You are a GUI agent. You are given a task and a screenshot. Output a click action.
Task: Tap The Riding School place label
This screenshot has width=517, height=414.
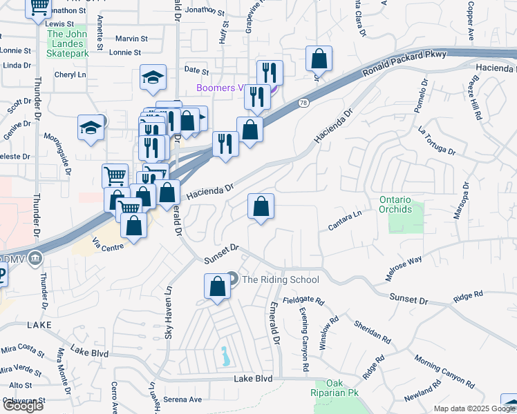point(280,279)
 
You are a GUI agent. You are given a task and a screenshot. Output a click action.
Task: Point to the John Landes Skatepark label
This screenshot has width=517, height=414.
point(68,43)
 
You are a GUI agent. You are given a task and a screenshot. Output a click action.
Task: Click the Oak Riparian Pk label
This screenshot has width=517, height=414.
point(335,388)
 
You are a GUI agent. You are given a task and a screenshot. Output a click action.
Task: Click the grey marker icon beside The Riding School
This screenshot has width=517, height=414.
point(232,279)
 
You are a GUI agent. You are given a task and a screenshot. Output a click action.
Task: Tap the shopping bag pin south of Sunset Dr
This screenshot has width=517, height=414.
point(217,286)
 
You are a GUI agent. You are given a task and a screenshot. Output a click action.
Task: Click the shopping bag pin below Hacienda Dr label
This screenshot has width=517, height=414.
point(261,206)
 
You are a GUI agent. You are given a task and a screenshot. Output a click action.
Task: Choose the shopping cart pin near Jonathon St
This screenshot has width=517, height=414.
point(39,8)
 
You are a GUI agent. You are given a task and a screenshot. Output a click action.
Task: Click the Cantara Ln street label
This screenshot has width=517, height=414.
point(346,220)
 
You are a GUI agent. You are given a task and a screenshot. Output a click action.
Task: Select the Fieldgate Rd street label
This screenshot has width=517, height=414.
point(303,302)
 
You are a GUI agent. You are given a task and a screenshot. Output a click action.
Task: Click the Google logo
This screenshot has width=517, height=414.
point(23,406)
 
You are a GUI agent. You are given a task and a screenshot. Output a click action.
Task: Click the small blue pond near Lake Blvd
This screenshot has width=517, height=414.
point(225,357)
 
